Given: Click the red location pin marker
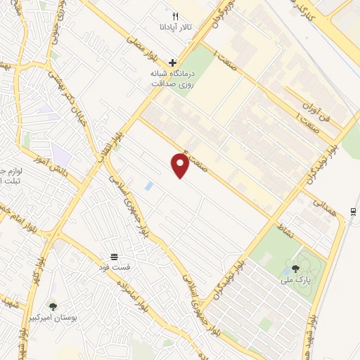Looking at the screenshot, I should tap(180, 165).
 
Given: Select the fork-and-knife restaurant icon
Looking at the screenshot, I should tap(176, 16).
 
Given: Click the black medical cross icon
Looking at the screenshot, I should tap(172, 63).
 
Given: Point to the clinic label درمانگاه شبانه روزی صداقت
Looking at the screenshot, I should tap(172, 78).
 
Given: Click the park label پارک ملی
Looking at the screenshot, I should tap(296, 280).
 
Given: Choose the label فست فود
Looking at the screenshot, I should tap(114, 268).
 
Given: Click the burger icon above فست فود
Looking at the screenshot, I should tap(114, 256).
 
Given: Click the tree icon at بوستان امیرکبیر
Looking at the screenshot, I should tap(53, 307).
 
